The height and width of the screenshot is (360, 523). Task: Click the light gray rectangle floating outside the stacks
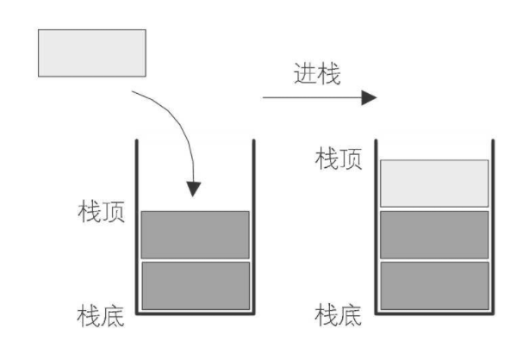[91, 52]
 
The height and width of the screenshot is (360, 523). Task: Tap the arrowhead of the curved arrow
[195, 187]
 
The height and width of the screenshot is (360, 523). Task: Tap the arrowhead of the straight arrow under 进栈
[369, 96]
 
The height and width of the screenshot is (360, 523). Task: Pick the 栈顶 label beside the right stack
[339, 159]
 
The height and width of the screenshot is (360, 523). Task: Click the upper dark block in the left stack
[195, 234]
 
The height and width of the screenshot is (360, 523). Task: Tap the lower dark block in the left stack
[195, 285]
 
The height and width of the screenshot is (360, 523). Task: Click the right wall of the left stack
[254, 224]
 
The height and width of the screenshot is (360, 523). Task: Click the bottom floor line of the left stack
[195, 313]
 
